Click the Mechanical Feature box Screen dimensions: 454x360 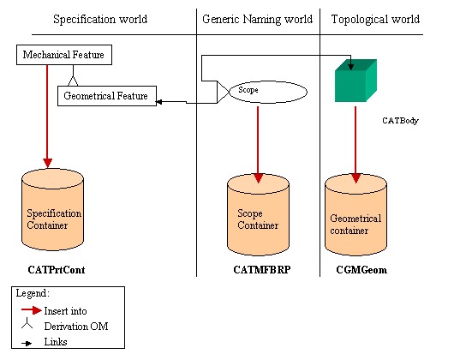pyautogui.click(x=64, y=55)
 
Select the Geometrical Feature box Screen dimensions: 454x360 pyautogui.click(x=107, y=96)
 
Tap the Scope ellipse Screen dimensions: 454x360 pyautogui.click(x=268, y=92)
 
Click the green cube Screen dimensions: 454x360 pyautogui.click(x=355, y=81)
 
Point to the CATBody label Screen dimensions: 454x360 pyautogui.click(x=400, y=121)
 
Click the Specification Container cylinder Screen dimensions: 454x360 pyautogui.click(x=53, y=209)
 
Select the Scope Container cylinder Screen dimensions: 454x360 pyautogui.click(x=259, y=214)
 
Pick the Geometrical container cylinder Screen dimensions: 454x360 pyautogui.click(x=355, y=214)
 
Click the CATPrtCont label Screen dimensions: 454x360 pyautogui.click(x=57, y=270)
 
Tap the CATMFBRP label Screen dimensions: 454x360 pyautogui.click(x=262, y=270)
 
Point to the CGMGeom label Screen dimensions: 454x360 pyautogui.click(x=361, y=270)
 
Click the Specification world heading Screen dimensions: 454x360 pyautogui.click(x=100, y=20)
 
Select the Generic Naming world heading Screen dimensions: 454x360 pyautogui.click(x=257, y=20)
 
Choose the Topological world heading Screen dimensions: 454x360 pyautogui.click(x=375, y=20)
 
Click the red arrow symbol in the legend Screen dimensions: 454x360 pyautogui.click(x=32, y=310)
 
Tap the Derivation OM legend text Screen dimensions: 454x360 pyautogui.click(x=76, y=327)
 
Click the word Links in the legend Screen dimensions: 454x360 pyautogui.click(x=56, y=342)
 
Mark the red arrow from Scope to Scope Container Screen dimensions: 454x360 pyautogui.click(x=258, y=145)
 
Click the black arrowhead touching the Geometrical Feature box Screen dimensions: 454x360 pyautogui.click(x=158, y=102)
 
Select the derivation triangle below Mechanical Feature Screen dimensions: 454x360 pyautogui.click(x=73, y=81)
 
